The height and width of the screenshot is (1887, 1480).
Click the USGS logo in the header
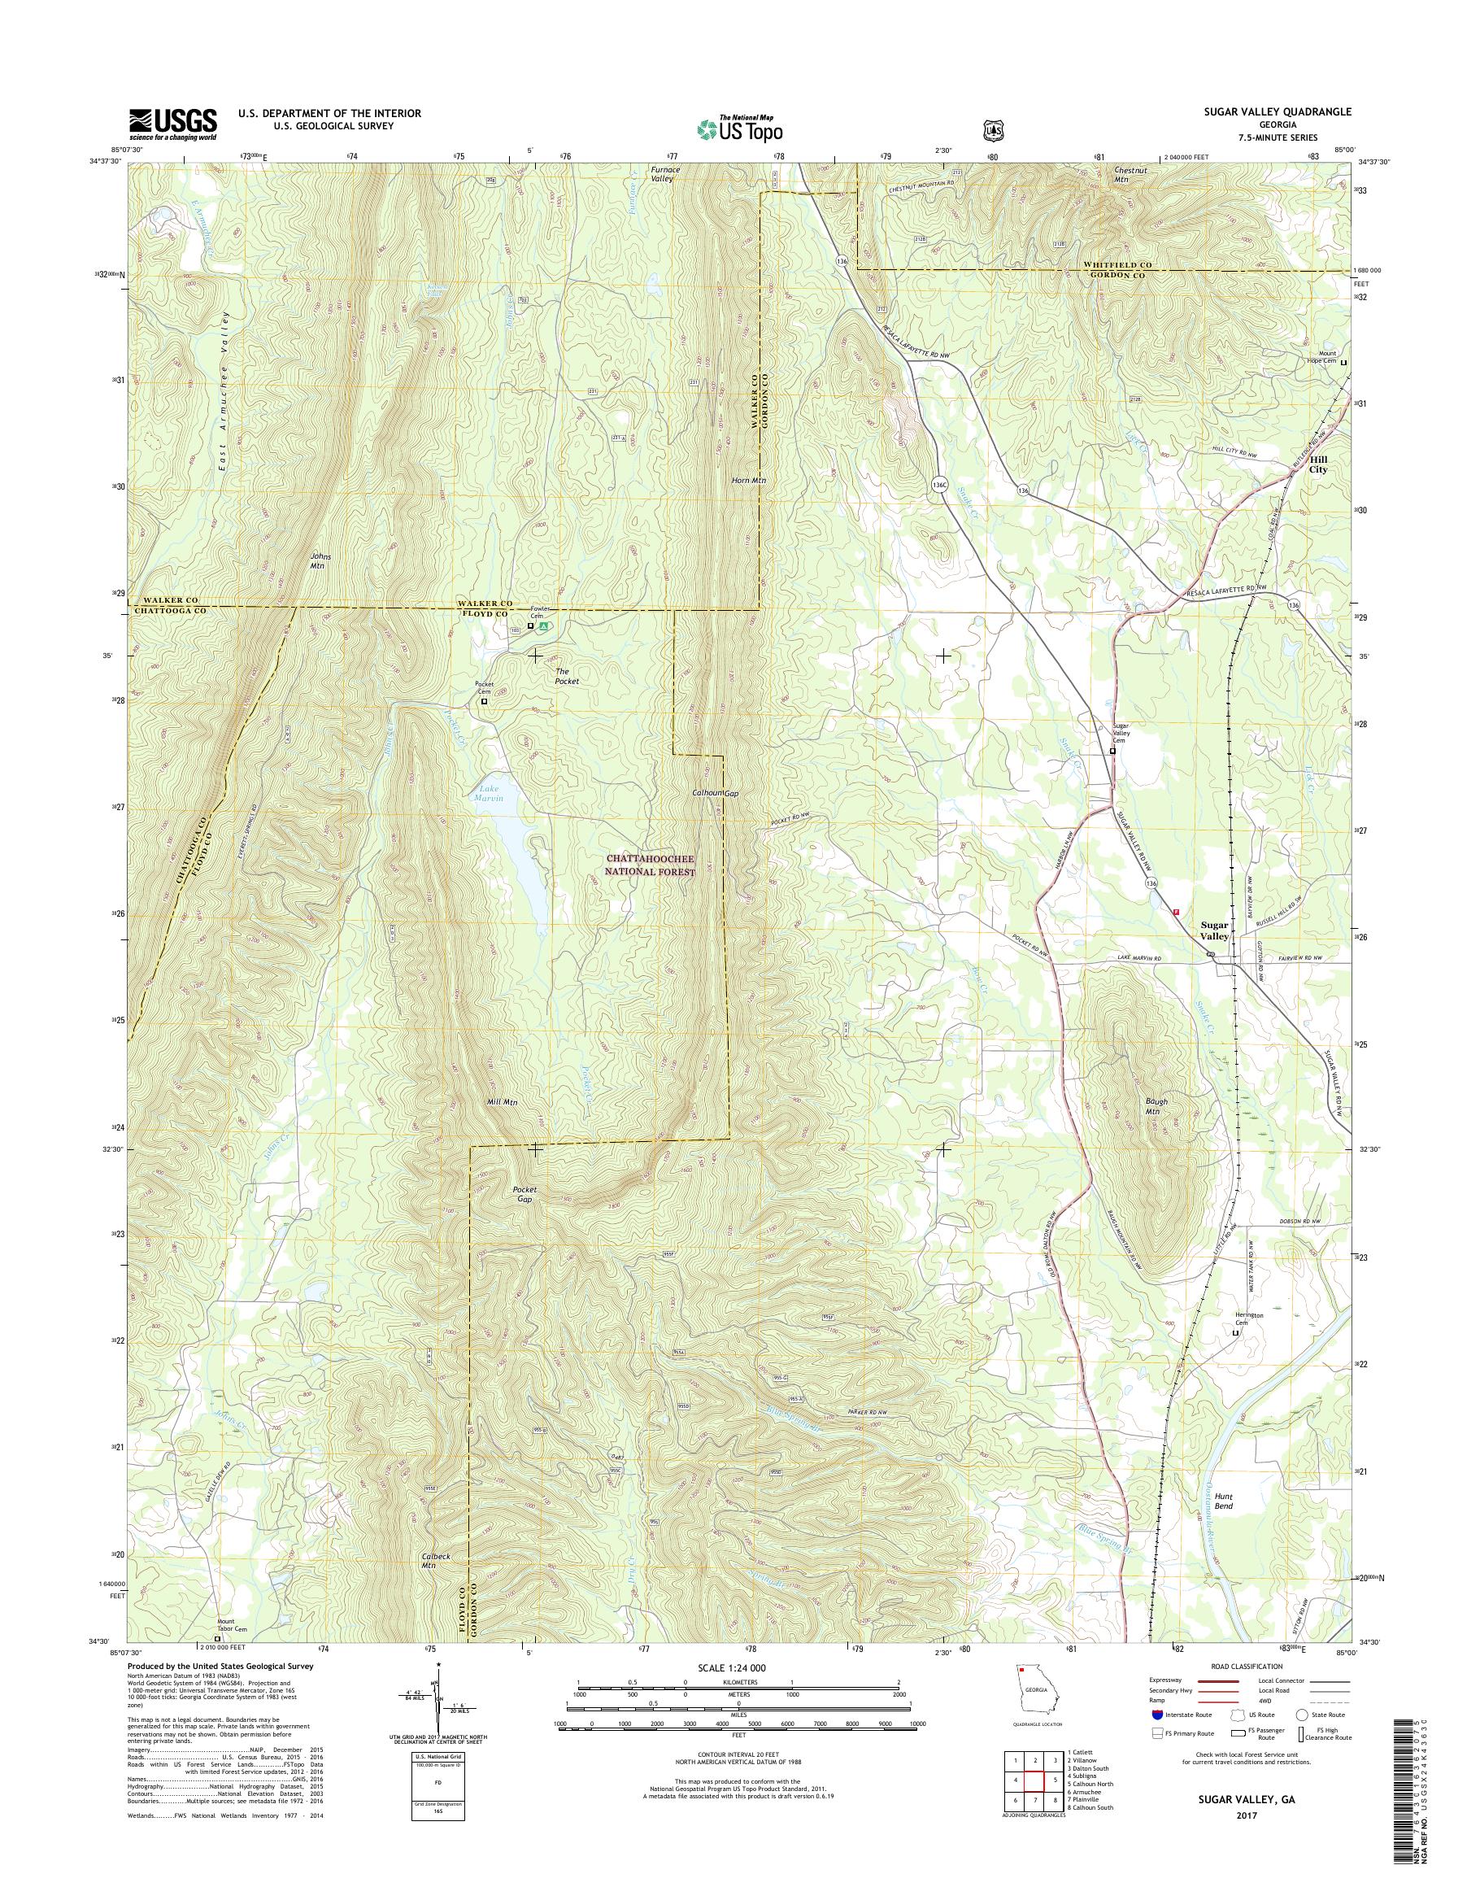pyautogui.click(x=172, y=124)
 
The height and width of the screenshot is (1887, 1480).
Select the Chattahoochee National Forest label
pyautogui.click(x=651, y=865)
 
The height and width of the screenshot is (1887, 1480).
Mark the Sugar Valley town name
pyautogui.click(x=1214, y=931)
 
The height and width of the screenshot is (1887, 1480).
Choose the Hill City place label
pyautogui.click(x=1318, y=464)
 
